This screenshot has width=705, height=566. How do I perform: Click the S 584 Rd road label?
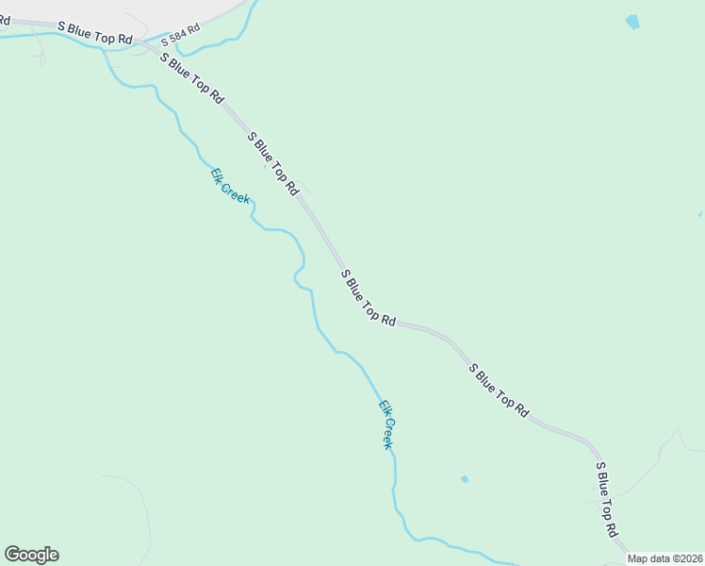181,35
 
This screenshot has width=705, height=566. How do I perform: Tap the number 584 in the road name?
179,36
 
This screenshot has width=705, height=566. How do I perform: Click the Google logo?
31,555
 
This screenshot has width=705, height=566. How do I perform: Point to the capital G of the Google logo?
12,554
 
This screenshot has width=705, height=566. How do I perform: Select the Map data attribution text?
665,558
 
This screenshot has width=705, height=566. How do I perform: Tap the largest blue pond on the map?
631,22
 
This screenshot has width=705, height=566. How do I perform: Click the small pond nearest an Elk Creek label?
465,479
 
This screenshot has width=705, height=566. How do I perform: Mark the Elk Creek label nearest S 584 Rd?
230,185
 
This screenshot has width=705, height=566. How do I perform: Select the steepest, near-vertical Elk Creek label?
385,424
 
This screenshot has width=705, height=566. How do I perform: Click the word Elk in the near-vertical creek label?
383,408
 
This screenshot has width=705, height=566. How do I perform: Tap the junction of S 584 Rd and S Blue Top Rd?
141,42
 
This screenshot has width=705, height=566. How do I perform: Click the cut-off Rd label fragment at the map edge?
4,18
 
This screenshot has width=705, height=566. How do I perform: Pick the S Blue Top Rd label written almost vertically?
605,499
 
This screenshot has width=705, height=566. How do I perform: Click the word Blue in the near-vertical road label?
603,491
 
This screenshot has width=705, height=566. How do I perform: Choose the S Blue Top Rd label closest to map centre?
369,297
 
